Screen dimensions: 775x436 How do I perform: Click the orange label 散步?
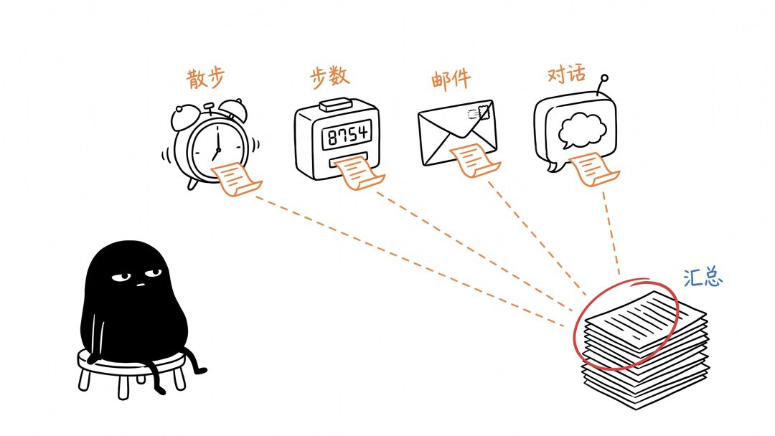206,78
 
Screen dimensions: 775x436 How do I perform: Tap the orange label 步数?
329,77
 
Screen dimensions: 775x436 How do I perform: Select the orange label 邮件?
451,80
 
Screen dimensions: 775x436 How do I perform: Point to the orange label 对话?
567,74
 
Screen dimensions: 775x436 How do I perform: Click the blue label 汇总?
703,278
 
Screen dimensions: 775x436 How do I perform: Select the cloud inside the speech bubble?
582,130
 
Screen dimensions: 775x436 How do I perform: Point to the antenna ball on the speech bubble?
604,77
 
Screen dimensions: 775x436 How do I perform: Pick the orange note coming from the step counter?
358,173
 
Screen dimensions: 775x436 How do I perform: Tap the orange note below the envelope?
474,160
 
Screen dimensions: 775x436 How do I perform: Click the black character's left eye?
121,278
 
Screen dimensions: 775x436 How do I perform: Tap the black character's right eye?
154,272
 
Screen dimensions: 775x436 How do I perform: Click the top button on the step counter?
336,105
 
